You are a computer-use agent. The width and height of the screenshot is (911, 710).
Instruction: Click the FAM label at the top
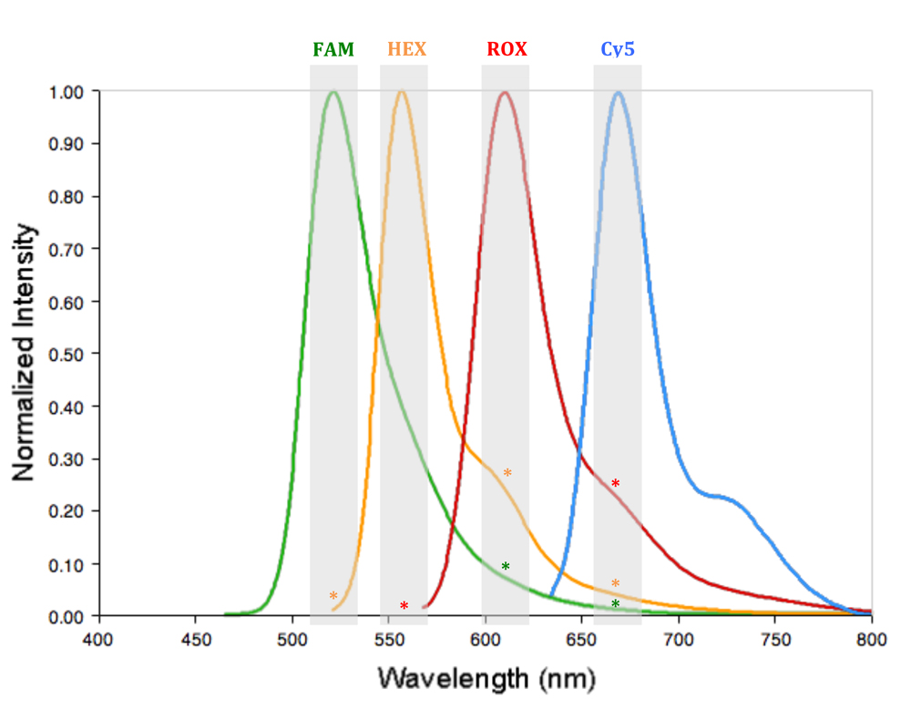point(333,49)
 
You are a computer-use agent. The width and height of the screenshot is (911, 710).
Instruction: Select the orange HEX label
point(406,49)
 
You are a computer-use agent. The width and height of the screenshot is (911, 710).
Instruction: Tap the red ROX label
point(507,49)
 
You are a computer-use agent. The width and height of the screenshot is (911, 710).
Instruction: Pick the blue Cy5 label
point(618,49)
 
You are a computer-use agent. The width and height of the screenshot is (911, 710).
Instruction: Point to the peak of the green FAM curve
point(333,92)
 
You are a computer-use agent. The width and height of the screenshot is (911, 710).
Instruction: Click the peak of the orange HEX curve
point(402,92)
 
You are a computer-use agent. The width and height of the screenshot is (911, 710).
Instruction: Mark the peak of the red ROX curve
point(504,92)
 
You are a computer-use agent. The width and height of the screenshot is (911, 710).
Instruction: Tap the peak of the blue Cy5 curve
point(619,92)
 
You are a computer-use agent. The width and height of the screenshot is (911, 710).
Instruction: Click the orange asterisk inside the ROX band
point(507,473)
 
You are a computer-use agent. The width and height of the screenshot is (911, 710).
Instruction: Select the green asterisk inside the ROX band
point(506,568)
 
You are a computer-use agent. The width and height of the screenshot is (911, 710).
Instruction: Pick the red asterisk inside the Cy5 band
point(616,484)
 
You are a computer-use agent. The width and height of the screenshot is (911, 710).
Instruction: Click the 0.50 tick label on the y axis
point(68,354)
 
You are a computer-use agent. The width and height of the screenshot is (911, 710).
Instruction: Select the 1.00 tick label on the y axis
point(68,92)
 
